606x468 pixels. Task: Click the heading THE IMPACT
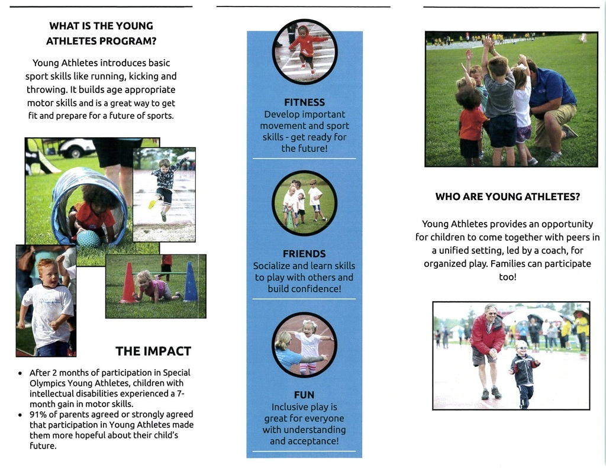[x=153, y=351]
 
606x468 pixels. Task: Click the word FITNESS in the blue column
[x=304, y=102]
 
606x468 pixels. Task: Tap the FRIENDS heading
[x=304, y=254]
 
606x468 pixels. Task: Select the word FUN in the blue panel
[x=304, y=395]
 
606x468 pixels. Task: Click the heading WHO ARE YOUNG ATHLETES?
[x=507, y=197]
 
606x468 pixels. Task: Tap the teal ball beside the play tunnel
[x=88, y=238]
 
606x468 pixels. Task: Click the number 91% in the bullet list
[x=38, y=414]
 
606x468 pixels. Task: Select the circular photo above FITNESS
[x=305, y=51]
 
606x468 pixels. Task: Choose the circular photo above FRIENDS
[x=304, y=203]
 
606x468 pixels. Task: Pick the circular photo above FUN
[x=304, y=345]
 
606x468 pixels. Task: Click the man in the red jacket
[x=488, y=349]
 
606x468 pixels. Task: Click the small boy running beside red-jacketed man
[x=523, y=373]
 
